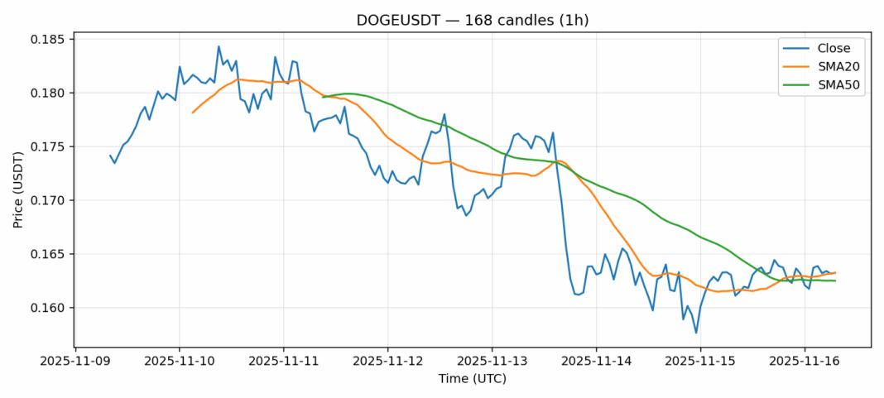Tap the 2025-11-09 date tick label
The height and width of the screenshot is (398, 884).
coord(75,361)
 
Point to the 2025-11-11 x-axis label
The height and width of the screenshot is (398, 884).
coord(284,361)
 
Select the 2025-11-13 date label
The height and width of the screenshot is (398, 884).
coord(492,361)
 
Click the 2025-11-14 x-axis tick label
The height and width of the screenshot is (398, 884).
coord(596,361)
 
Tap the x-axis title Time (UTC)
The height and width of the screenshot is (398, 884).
coord(472,379)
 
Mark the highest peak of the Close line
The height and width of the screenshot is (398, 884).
coord(219,46)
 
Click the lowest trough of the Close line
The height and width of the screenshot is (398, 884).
coord(696,333)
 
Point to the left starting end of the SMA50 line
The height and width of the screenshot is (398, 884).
coord(323,97)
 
